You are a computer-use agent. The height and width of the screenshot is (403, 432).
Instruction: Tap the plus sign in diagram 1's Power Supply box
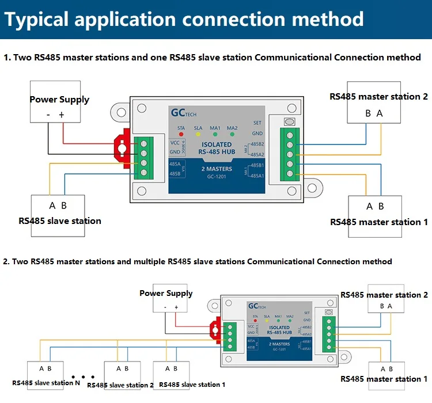62,115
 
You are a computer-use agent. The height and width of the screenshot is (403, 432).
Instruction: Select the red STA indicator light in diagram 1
181,128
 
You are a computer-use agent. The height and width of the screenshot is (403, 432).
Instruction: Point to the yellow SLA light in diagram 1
198,128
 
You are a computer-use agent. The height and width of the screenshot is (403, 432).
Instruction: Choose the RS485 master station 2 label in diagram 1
378,97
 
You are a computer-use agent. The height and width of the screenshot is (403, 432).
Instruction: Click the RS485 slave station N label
46,383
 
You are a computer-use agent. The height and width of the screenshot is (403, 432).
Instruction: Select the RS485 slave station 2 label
120,385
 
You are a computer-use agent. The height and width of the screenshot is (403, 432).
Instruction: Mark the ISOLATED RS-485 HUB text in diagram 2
279,330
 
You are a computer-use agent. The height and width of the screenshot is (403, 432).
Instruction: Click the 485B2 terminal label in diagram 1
257,143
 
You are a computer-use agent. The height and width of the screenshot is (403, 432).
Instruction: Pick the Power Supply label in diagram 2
166,293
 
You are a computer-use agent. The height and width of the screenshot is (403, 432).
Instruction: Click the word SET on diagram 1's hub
257,123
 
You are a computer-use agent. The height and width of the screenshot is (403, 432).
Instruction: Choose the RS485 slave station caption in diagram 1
60,220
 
